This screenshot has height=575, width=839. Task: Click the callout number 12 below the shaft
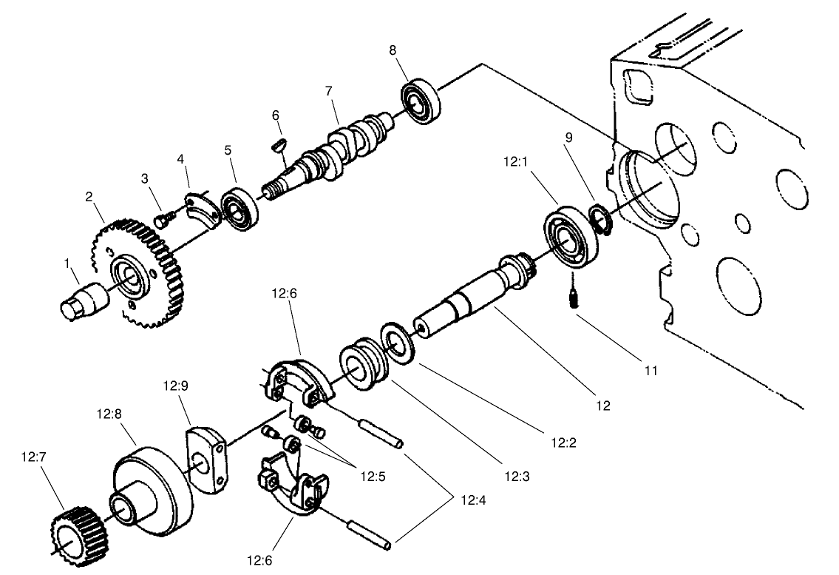(603, 405)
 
